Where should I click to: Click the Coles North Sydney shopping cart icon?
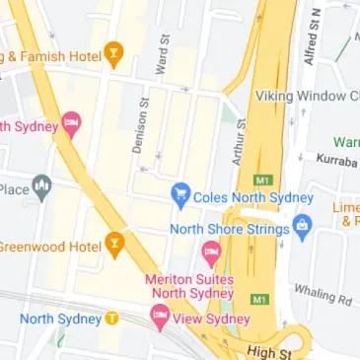click(x=180, y=194)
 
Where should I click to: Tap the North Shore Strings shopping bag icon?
click(x=304, y=230)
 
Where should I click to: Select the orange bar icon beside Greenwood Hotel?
click(x=115, y=244)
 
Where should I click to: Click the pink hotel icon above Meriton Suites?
click(x=210, y=253)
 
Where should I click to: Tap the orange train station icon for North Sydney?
click(x=112, y=319)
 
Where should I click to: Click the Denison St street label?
click(x=139, y=125)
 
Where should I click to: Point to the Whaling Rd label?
click(x=322, y=293)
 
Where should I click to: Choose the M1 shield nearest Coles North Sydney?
click(x=261, y=180)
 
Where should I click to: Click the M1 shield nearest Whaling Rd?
click(x=259, y=298)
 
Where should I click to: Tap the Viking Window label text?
click(x=307, y=96)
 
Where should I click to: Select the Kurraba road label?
click(x=335, y=159)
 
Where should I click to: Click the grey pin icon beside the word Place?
click(x=41, y=185)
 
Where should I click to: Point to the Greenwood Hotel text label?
click(x=48, y=246)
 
